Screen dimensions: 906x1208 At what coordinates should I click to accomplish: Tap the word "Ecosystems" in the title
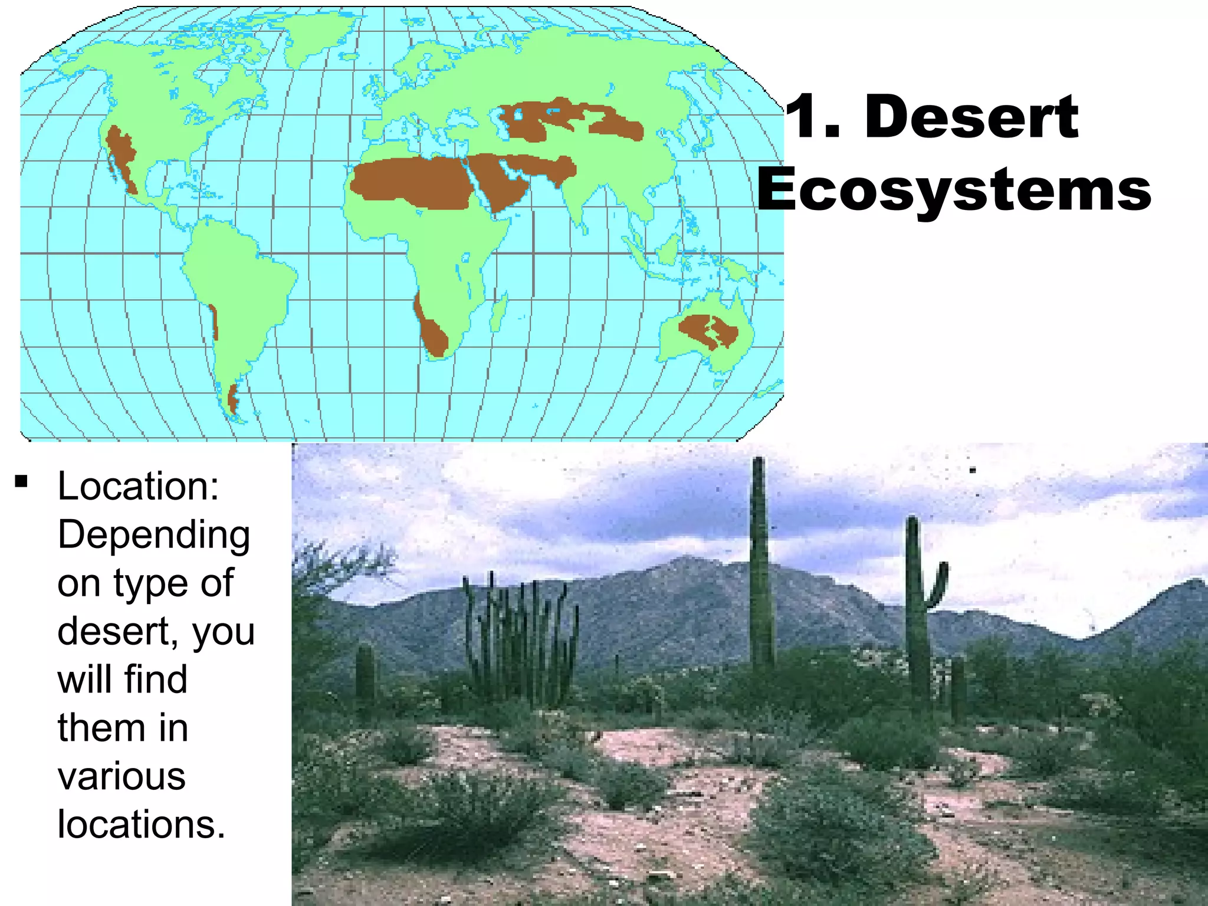tap(954, 189)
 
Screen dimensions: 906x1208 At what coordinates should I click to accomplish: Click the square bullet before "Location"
tap(22, 482)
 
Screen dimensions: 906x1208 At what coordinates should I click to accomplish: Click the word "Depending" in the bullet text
tap(153, 536)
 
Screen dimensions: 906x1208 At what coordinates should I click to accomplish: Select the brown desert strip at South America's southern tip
tap(233, 399)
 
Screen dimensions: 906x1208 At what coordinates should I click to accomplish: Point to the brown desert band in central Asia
tap(566, 121)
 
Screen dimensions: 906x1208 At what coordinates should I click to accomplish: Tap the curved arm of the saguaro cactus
tap(938, 587)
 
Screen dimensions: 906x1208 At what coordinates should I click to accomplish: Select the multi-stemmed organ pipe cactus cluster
tap(519, 637)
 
